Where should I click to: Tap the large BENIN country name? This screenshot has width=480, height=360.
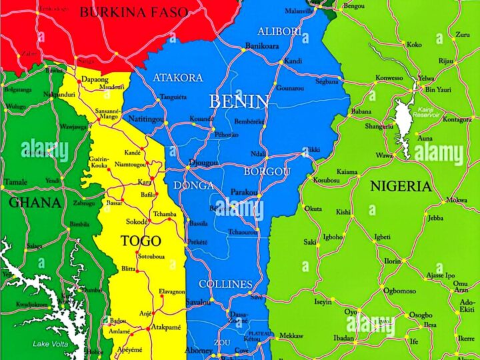click(239, 101)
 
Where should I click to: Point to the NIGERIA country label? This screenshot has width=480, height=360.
click(401, 186)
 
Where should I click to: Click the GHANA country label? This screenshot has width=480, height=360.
click(35, 203)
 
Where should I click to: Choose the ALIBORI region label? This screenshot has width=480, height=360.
click(280, 31)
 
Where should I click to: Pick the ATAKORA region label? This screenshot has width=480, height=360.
click(178, 77)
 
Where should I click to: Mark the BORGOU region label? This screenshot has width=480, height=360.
click(267, 171)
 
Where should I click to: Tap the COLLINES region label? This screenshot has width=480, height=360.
click(226, 284)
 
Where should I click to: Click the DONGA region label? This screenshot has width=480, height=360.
click(193, 185)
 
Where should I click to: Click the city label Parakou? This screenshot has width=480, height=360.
click(244, 192)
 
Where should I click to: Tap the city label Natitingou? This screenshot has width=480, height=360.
click(145, 119)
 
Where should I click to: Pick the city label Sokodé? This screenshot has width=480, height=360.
click(137, 221)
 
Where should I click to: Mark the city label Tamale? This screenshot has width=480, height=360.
click(15, 182)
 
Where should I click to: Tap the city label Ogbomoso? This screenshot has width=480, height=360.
click(399, 291)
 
